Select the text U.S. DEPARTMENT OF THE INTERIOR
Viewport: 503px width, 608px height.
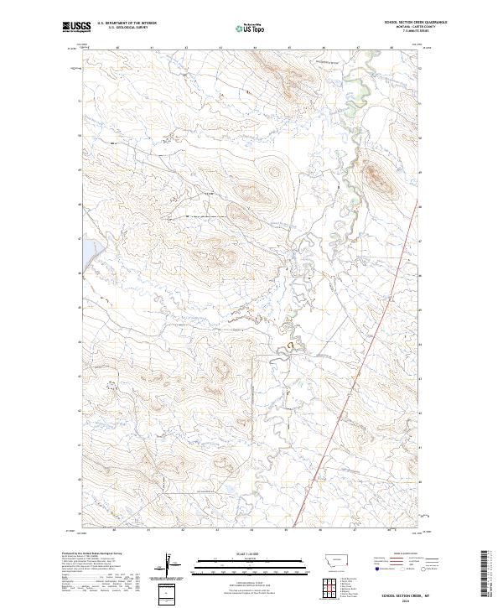click(x=127, y=23)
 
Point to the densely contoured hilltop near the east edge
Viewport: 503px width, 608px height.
click(x=374, y=177)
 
